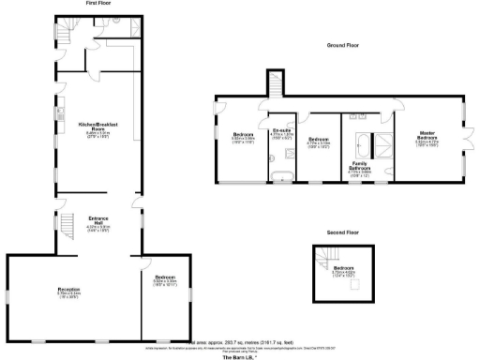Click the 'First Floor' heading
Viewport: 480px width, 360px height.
click(98, 4)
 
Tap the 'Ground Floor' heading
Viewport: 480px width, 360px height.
click(343, 45)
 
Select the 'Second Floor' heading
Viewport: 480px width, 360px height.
click(342, 231)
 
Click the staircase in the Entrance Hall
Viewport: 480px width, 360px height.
click(67, 224)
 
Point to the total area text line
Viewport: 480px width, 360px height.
click(241, 342)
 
